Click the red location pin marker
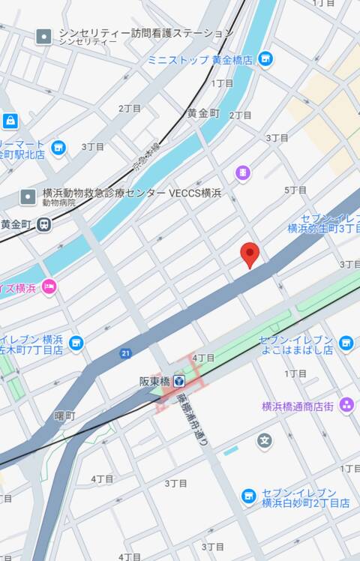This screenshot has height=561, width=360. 250,255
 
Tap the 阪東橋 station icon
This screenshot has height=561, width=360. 180,381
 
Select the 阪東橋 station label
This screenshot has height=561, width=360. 155,381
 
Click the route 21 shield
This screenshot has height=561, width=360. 125,352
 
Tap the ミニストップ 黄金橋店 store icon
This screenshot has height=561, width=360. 265,58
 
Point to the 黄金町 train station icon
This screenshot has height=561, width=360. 45,223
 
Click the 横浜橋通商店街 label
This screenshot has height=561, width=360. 298,406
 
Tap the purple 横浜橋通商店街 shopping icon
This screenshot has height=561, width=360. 346,405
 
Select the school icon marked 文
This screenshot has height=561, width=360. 264,440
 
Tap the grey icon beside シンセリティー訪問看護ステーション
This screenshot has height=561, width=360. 44,35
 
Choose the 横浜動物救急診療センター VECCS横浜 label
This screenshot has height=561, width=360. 132,193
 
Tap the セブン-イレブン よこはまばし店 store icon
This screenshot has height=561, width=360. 346,343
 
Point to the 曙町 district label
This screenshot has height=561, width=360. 65,415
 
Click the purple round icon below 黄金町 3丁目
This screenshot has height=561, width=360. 243,172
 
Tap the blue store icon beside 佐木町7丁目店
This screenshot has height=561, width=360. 76,343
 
